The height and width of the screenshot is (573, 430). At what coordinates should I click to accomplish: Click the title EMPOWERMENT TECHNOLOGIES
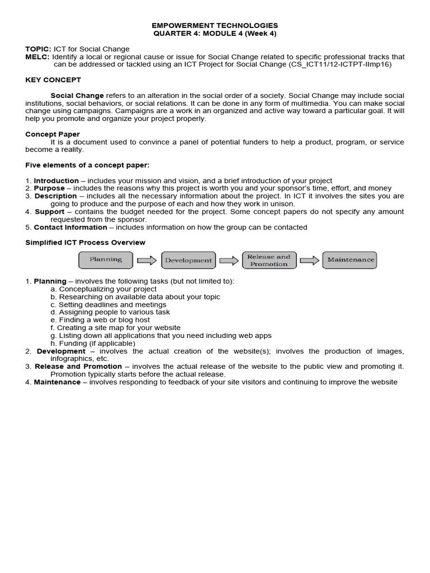coord(215,26)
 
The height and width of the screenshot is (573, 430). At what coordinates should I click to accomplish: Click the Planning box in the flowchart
coord(106,260)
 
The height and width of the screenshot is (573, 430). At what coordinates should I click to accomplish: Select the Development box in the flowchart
coord(188,260)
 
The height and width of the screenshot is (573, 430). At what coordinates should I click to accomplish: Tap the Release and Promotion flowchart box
coord(269,260)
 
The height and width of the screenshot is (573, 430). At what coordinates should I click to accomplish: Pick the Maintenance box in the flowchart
coord(350,260)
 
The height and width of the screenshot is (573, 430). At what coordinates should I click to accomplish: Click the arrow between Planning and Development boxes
coord(147,260)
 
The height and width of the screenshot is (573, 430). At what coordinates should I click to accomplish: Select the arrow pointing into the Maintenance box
coord(310,260)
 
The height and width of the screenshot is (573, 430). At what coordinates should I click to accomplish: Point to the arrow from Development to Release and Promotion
coord(228,260)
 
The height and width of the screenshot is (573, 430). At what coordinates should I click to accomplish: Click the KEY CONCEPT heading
coord(53,80)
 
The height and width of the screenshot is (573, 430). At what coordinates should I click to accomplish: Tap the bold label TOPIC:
coord(38,49)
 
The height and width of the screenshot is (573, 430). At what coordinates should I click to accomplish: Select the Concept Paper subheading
coord(53,134)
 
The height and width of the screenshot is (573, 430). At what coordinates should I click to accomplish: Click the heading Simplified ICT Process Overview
coord(85,242)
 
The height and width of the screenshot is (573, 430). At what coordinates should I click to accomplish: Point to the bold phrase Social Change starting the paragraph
coord(77,96)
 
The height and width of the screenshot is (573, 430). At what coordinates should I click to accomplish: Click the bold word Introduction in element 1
coord(56,181)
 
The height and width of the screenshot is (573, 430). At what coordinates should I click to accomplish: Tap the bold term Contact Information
coord(70,227)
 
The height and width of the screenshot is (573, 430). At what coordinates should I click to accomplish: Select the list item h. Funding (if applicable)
coord(92,343)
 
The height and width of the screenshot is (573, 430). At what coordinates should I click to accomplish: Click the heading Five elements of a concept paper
coord(87,165)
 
